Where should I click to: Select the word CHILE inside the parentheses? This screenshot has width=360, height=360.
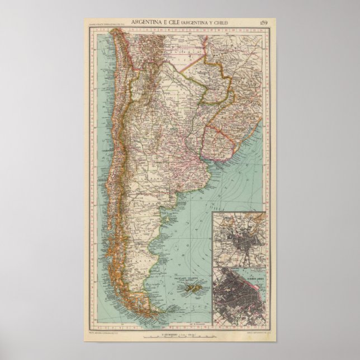point(219,21)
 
